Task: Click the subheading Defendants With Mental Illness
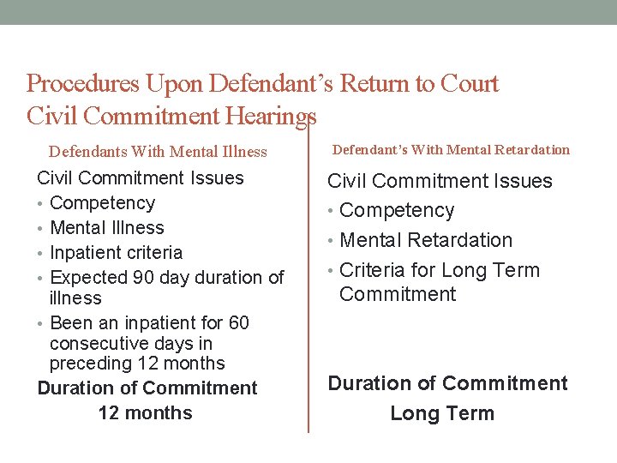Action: (x=158, y=152)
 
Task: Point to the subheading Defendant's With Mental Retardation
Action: (x=451, y=150)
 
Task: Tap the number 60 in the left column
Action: (x=239, y=323)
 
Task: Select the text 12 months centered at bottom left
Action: (x=145, y=412)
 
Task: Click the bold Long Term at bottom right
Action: (x=441, y=413)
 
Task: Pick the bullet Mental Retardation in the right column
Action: (x=426, y=240)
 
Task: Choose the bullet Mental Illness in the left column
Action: (x=107, y=228)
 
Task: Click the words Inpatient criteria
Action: (x=117, y=253)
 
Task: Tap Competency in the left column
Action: (x=103, y=203)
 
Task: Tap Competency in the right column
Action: (x=397, y=210)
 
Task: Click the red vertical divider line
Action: (x=308, y=283)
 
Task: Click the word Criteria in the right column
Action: (x=373, y=270)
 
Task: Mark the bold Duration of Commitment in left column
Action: (x=147, y=388)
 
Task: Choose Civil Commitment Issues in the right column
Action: (x=440, y=181)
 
